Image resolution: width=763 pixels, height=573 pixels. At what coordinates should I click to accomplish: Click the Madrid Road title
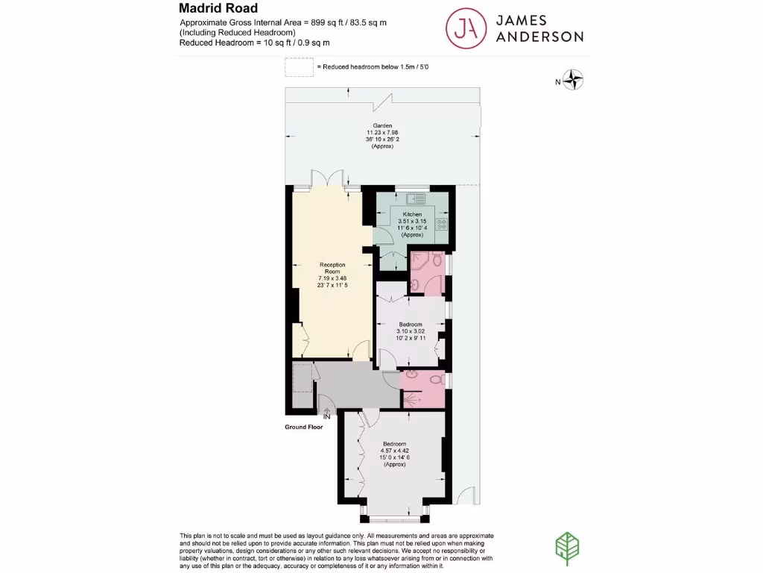pos(218,8)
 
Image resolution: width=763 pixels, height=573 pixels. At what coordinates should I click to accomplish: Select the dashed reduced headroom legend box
pos(299,67)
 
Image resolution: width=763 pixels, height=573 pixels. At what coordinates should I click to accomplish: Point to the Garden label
pos(382,126)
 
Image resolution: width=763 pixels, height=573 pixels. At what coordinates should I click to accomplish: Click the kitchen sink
pos(414,198)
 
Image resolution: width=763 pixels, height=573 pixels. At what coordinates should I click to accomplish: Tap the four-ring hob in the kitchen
pos(441,223)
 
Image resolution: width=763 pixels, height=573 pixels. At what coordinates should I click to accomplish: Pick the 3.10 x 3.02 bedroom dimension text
pos(411,331)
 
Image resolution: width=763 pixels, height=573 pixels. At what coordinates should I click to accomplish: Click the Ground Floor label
pos(303,428)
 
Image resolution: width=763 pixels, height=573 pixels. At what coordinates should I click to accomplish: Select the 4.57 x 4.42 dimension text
pos(394,451)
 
